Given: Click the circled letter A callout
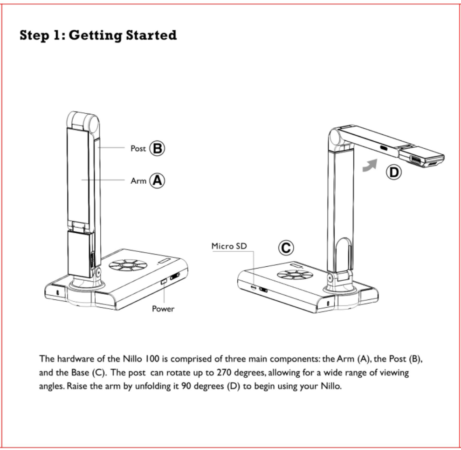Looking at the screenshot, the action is point(157,180).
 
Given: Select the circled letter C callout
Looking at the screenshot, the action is point(286,248).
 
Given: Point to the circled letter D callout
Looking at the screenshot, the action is point(394,173).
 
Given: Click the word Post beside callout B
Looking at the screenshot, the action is point(138,149).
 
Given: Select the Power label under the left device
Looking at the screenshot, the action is point(163,309).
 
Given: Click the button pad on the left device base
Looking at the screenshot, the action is point(127,267).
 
